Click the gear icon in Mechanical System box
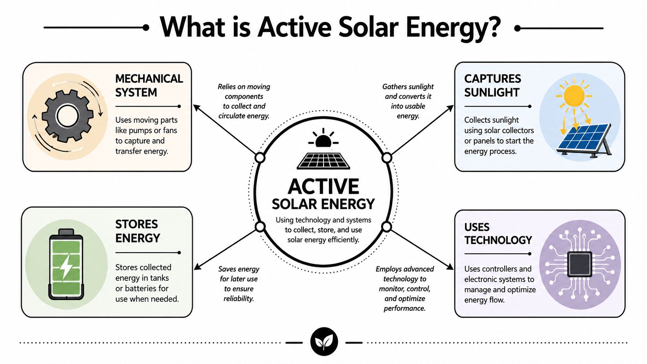67,116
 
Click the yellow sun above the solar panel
574,96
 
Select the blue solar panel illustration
584,140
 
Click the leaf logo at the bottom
324,342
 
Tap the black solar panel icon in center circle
323,161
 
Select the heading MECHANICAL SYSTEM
149,85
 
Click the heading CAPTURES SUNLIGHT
493,85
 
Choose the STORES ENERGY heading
137,231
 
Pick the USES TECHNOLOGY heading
498,234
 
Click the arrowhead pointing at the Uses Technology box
450,267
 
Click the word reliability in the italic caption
239,299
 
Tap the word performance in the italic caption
404,308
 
